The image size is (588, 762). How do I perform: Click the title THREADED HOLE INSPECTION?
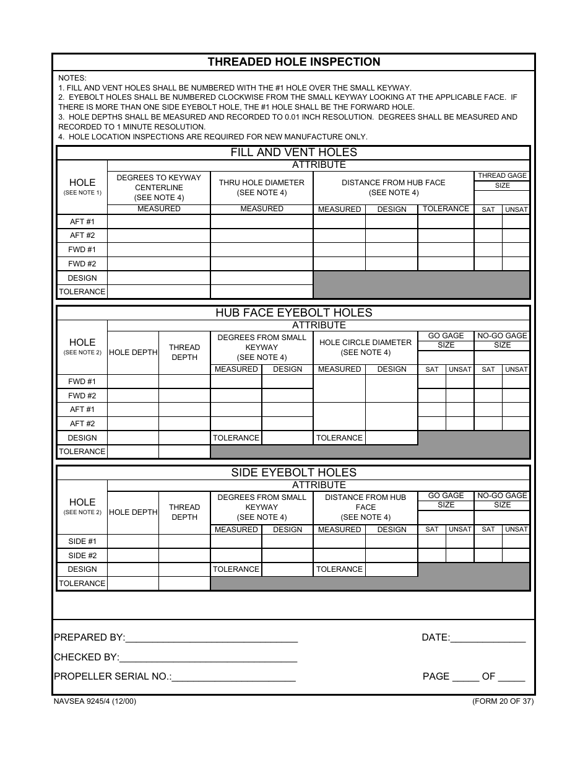click(294, 62)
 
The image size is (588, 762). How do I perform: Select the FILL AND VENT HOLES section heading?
click(293, 152)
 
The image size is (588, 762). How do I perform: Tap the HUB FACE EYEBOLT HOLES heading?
click(293, 313)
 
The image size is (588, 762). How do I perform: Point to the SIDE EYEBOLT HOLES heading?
click(293, 473)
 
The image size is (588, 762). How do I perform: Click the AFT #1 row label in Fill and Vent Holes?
click(82, 222)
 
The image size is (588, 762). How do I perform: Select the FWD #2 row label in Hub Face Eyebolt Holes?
click(82, 396)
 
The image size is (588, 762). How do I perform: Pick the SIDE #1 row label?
click(82, 541)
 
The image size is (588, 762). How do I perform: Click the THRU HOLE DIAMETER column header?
click(262, 187)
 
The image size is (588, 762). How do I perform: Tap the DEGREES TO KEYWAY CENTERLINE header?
click(159, 187)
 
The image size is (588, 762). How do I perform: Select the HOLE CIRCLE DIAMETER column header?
click(365, 347)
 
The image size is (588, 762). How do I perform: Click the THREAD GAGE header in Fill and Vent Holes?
click(502, 176)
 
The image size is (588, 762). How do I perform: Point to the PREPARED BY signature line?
click(211, 638)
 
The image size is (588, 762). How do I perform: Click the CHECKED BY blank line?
click(208, 658)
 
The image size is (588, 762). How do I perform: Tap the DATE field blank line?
click(488, 638)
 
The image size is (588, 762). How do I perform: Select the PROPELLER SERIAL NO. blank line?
click(234, 677)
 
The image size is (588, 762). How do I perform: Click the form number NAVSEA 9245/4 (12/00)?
click(95, 701)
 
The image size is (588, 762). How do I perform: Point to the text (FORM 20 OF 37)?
click(503, 701)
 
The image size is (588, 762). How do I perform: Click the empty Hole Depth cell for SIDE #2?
click(133, 556)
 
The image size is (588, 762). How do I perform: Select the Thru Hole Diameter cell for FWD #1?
click(262, 250)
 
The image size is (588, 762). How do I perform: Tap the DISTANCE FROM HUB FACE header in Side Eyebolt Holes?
click(365, 507)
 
